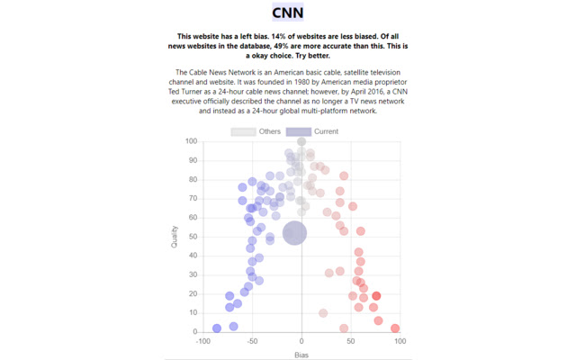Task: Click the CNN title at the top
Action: pyautogui.click(x=288, y=13)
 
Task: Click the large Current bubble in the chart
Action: pyautogui.click(x=294, y=233)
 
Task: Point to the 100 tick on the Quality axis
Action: pyautogui.click(x=192, y=141)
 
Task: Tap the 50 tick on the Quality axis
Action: pyautogui.click(x=194, y=237)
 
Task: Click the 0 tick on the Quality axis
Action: pyautogui.click(x=196, y=332)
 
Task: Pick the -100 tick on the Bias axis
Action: pyautogui.click(x=203, y=342)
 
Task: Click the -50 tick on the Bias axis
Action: pyautogui.click(x=253, y=342)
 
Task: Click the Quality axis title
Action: pyautogui.click(x=175, y=237)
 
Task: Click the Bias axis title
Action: pyautogui.click(x=301, y=355)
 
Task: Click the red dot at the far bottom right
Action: pyautogui.click(x=395, y=328)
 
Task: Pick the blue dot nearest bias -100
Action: pyautogui.click(x=216, y=328)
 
